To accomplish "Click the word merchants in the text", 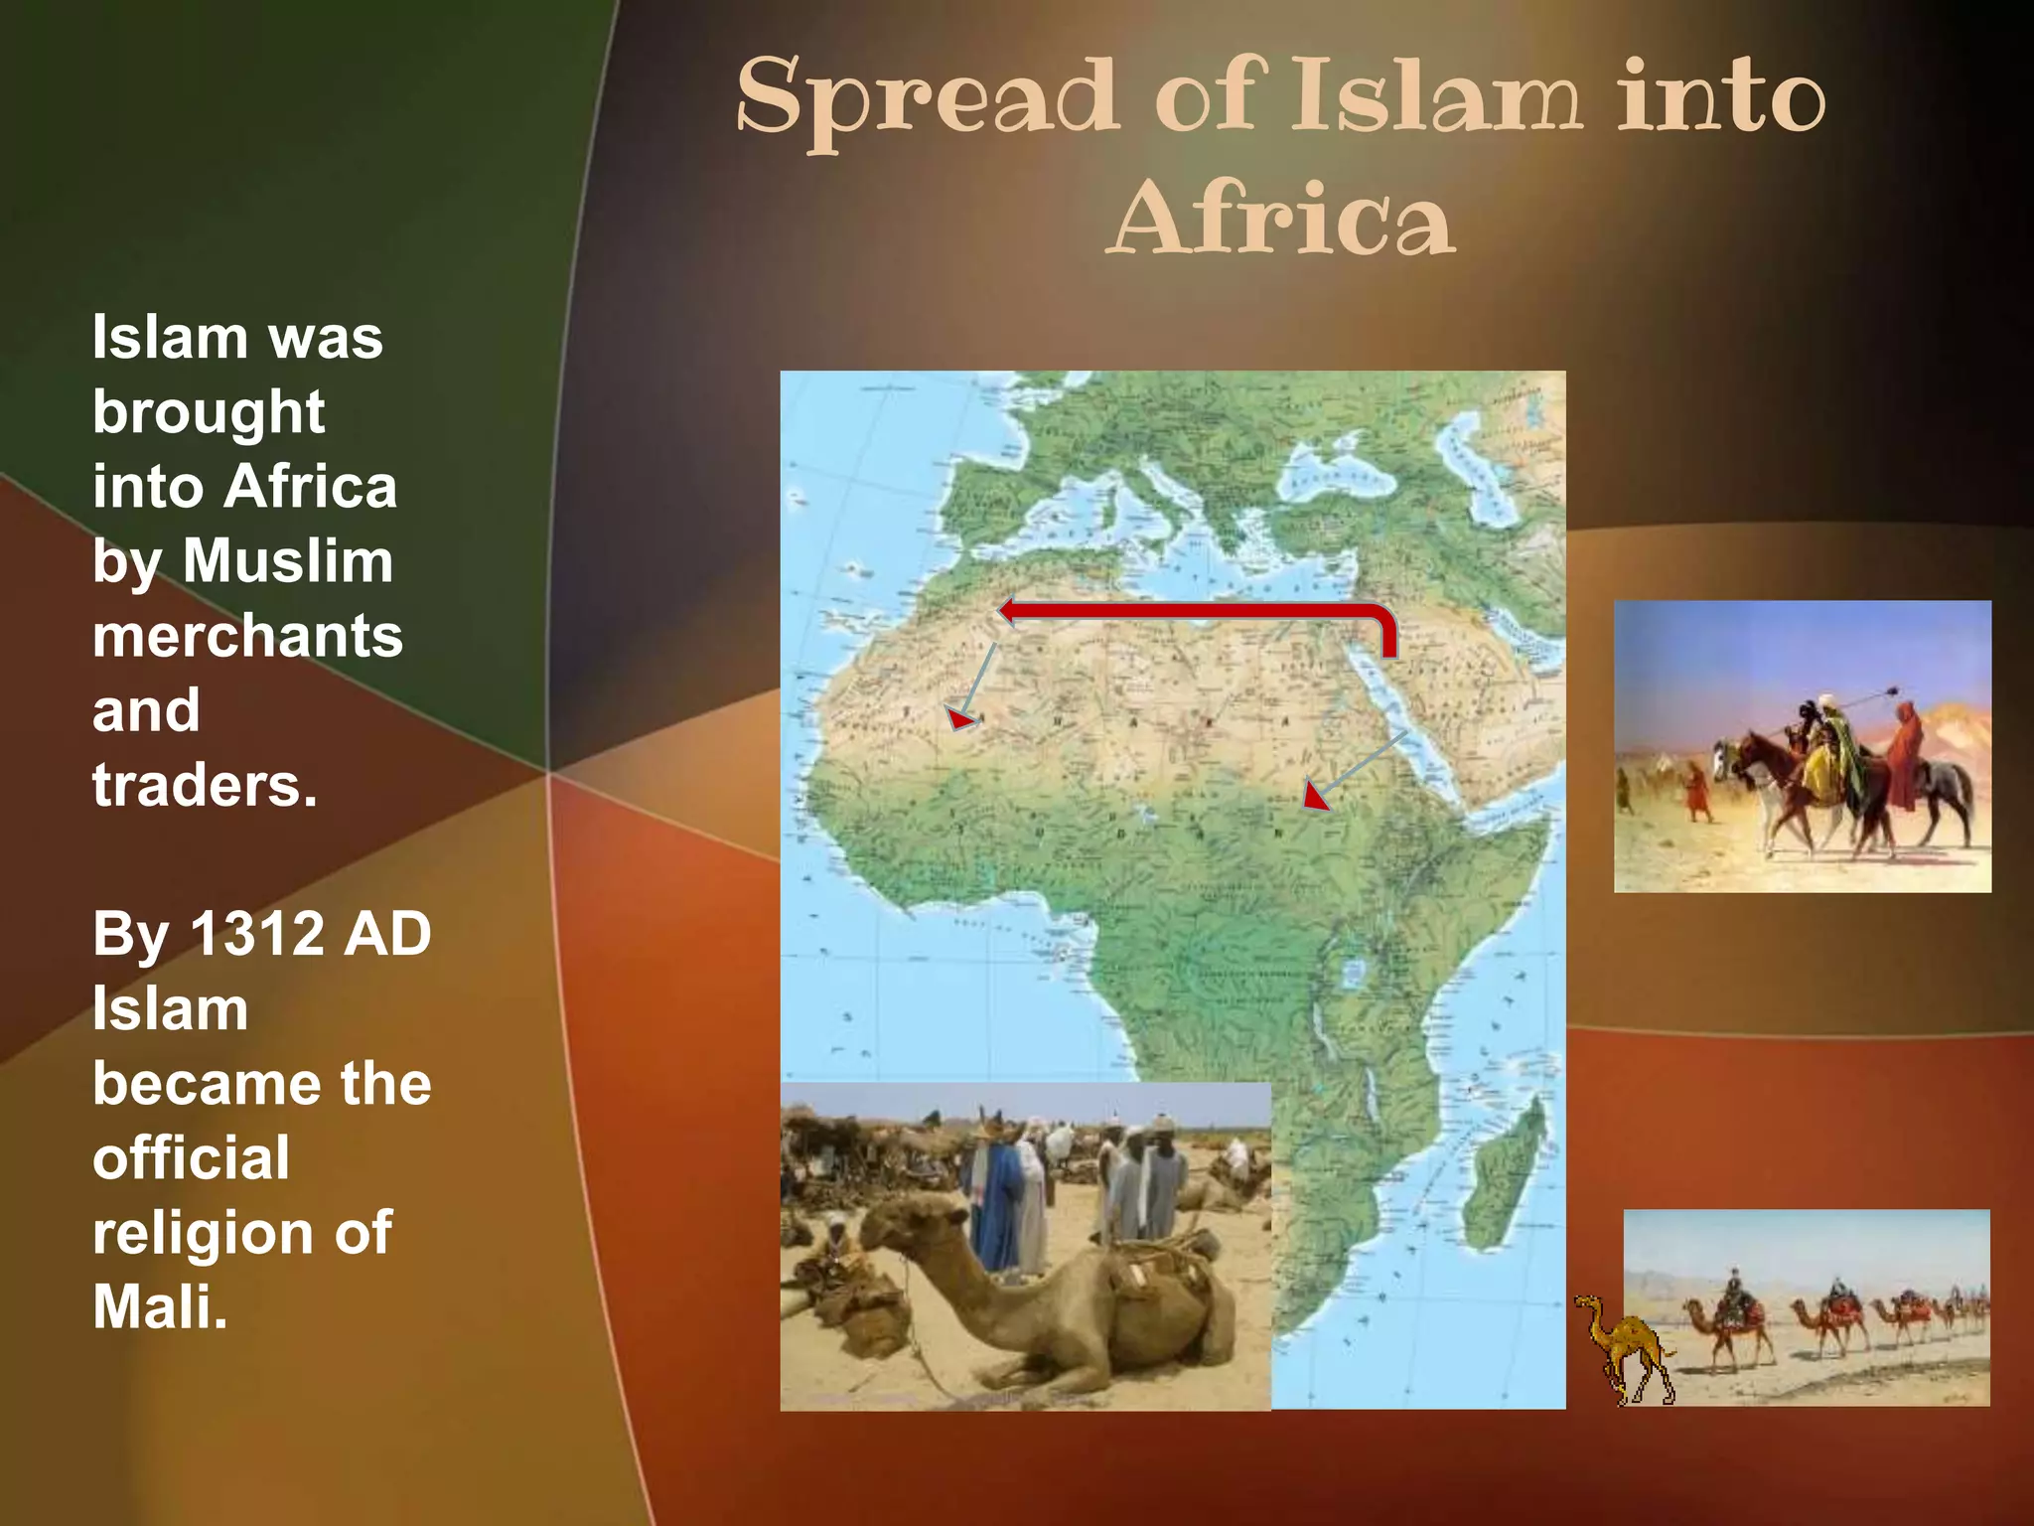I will coord(247,636).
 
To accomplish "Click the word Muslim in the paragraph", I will coord(288,561).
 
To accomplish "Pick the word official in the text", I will coord(191,1158).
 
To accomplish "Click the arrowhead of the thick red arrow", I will coord(1008,610).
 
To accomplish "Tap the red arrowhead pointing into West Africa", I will coord(960,717).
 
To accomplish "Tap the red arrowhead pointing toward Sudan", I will coord(1315,796).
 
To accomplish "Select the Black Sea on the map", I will coord(1351,477).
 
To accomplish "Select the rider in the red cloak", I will coord(1902,755).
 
